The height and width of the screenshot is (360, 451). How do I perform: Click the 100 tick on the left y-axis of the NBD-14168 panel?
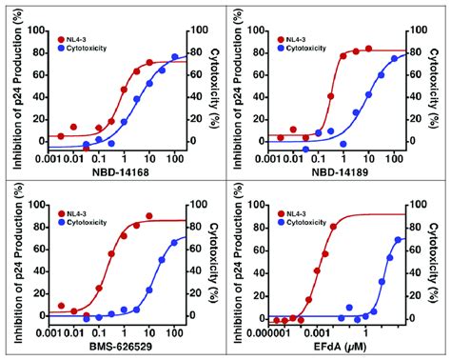tap(37, 29)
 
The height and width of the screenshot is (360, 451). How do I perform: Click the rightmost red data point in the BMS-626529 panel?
tap(149, 216)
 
